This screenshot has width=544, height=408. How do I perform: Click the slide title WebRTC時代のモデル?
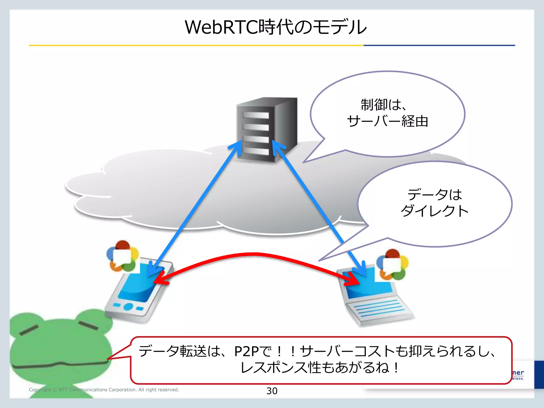tap(275, 27)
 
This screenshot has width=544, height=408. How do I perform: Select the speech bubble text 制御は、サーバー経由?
tap(387, 113)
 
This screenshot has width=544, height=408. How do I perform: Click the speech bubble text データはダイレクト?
tap(435, 203)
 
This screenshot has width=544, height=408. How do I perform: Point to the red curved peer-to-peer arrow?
tap(254, 254)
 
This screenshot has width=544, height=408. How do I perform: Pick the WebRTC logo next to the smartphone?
tap(123, 256)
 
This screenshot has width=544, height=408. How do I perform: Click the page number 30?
tap(272, 391)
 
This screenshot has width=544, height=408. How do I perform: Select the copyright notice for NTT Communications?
tap(104, 390)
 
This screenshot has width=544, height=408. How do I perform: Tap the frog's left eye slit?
tap(29, 330)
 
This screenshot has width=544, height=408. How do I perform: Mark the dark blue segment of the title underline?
tap(439, 45)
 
